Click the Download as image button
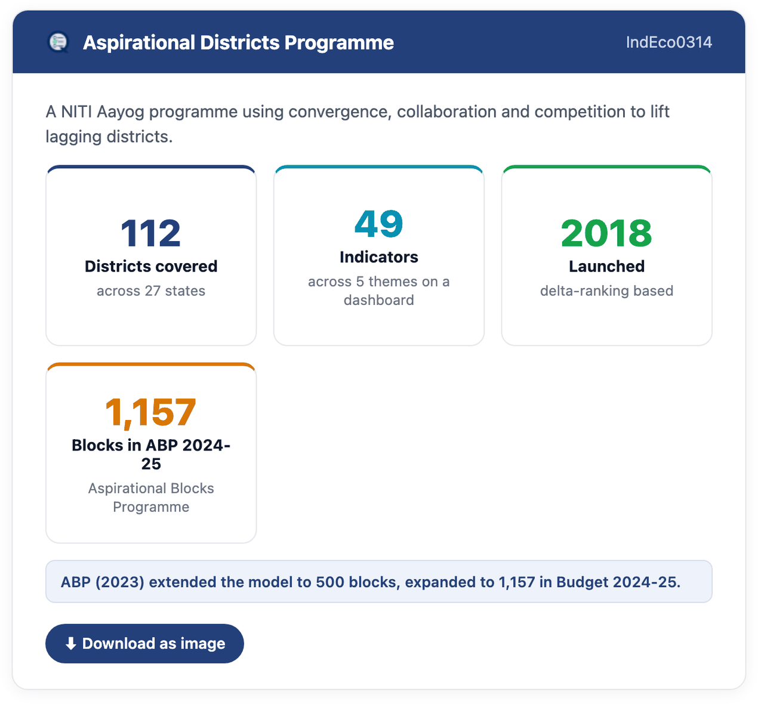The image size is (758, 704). (x=144, y=643)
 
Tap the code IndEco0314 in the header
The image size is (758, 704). (x=668, y=42)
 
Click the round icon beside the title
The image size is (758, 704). (x=58, y=42)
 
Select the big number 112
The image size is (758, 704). (x=151, y=233)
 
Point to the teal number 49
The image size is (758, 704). (x=378, y=224)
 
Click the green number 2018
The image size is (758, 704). (x=606, y=233)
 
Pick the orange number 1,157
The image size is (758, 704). (x=151, y=412)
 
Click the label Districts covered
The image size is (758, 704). (x=151, y=266)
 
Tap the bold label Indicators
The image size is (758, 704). (x=378, y=257)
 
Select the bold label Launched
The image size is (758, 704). (x=606, y=266)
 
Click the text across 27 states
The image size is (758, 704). (x=151, y=291)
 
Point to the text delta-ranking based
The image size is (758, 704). (x=606, y=291)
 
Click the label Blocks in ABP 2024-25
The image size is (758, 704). (x=151, y=455)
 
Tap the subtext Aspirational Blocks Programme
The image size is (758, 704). (x=151, y=498)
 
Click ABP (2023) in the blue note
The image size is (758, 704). (x=102, y=582)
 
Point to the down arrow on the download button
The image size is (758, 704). (x=70, y=644)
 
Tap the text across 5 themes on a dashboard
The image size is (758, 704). (x=378, y=291)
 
